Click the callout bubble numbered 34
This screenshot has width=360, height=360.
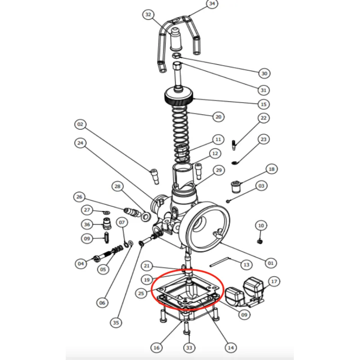point(212,4)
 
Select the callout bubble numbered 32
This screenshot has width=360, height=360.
point(149,14)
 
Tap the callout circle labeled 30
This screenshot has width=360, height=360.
point(264,73)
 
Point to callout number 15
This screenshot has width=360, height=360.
point(264,104)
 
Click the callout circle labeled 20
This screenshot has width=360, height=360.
point(218,117)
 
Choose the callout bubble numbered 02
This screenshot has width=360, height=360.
point(80,124)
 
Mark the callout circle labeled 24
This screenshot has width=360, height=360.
point(80,143)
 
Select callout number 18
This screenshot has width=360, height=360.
point(271,170)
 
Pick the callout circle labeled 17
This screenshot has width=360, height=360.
point(274,282)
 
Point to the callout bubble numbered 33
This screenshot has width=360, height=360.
point(189,348)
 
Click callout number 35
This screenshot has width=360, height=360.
point(116,322)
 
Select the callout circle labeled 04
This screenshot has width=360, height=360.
point(81,264)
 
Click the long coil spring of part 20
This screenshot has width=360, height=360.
point(182,130)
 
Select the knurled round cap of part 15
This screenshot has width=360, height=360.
point(179,97)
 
